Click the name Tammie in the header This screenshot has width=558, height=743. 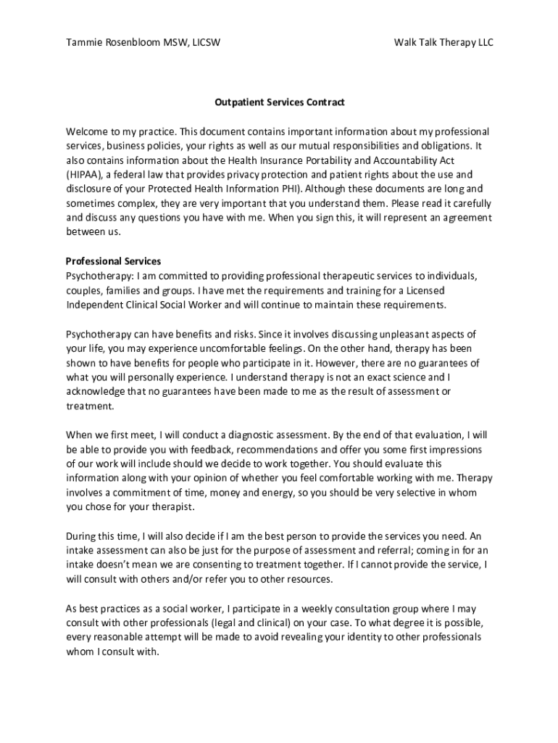pos(84,43)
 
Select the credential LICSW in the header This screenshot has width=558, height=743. pos(206,43)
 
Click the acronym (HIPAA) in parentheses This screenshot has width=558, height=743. pos(83,175)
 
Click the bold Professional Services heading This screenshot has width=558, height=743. pos(113,261)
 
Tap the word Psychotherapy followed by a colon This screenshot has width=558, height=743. pos(96,276)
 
